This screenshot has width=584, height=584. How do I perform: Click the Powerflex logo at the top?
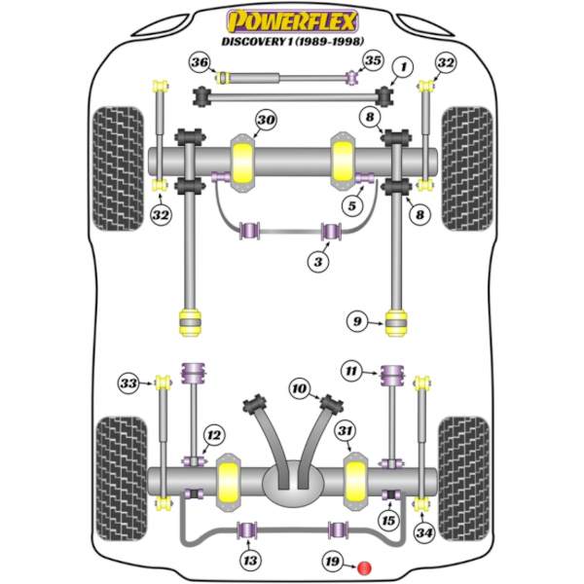tap(291, 19)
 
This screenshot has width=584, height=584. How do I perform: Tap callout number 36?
tap(200, 64)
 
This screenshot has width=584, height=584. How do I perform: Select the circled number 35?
tap(372, 61)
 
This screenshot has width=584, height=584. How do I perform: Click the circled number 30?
tap(265, 121)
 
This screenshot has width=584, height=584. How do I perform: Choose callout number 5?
tap(350, 206)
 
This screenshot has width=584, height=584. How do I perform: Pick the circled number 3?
tap(319, 260)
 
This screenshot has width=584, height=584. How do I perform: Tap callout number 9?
tap(358, 319)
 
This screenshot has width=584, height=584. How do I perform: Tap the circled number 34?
tap(423, 532)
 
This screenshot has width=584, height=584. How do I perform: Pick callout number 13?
tap(251, 560)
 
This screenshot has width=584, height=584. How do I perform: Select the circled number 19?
tap(334, 562)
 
